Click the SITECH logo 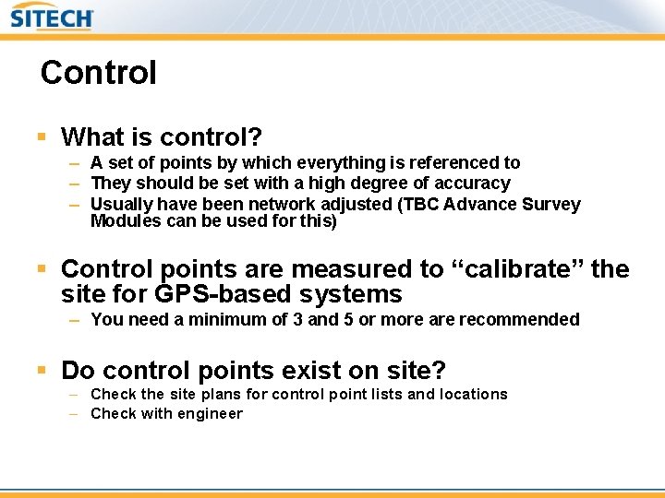pyautogui.click(x=52, y=18)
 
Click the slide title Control pyautogui.click(x=98, y=73)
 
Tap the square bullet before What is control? pyautogui.click(x=42, y=137)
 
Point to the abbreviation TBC pyautogui.click(x=420, y=204)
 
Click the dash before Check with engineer pyautogui.click(x=73, y=414)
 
